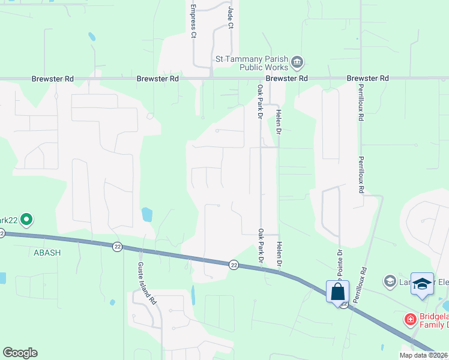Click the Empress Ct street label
(x=193, y=22)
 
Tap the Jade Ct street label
(x=230, y=17)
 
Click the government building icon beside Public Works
(x=298, y=62)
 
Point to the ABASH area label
(x=44, y=253)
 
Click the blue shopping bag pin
(x=338, y=292)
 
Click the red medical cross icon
(x=411, y=319)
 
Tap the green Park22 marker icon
(x=26, y=220)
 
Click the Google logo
(x=20, y=353)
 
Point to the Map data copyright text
(x=424, y=355)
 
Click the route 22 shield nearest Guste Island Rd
(x=117, y=246)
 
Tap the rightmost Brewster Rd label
(x=368, y=79)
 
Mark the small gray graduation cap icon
(x=390, y=281)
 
